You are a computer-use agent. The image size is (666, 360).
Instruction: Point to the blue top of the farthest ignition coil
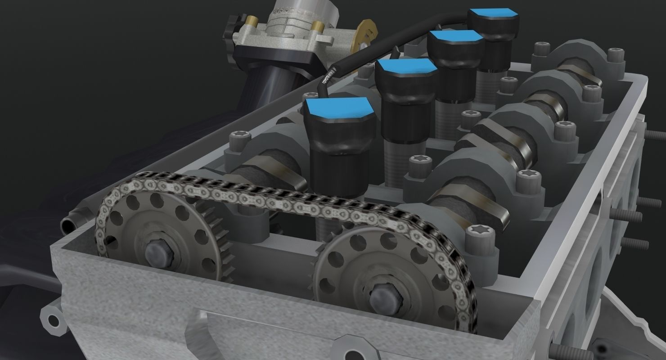click(x=494, y=16)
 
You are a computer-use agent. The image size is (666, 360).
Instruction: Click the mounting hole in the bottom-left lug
click(x=53, y=320)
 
